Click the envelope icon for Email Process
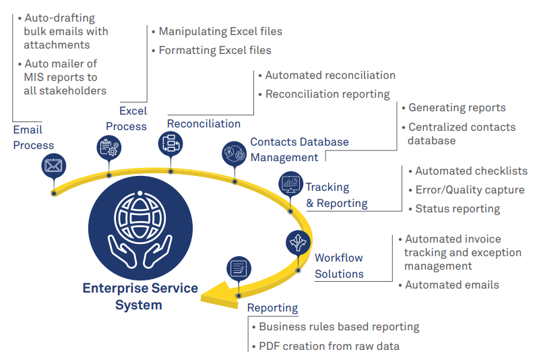[x=54, y=164]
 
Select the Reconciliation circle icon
[x=170, y=143]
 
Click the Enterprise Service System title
[x=140, y=296]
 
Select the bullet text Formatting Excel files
[x=215, y=51]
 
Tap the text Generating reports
[x=457, y=108]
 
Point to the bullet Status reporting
[x=458, y=209]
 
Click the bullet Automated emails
[x=452, y=285]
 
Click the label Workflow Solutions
[x=339, y=266]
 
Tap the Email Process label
[x=33, y=137]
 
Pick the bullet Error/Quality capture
[x=470, y=190]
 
